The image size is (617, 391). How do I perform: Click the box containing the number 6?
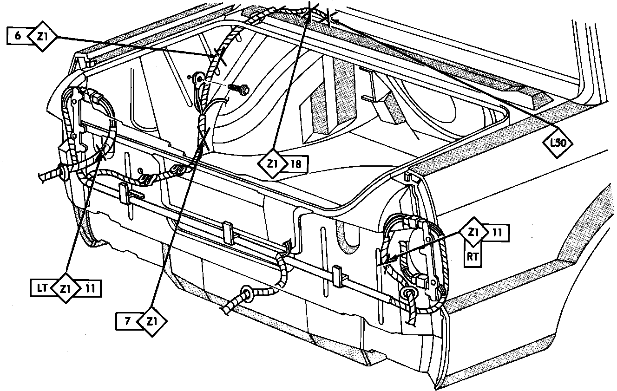click(18, 36)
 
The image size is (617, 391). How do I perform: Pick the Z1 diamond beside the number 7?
click(151, 321)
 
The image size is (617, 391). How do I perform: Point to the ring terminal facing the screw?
click(199, 79)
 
